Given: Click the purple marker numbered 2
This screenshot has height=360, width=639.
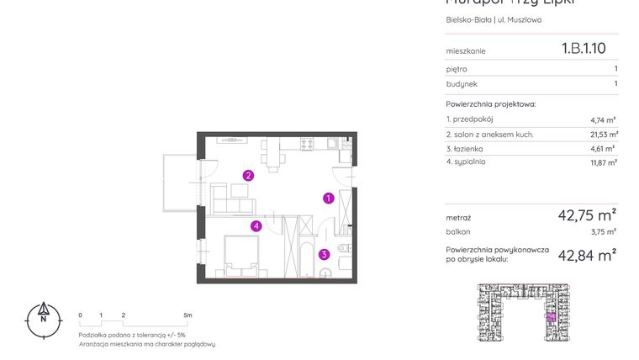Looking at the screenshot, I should click(x=248, y=176).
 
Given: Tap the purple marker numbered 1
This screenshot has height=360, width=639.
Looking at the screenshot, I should click(x=329, y=199).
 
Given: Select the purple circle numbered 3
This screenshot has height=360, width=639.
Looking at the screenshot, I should click(x=324, y=254).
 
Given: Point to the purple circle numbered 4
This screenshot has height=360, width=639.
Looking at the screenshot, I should click(x=256, y=225).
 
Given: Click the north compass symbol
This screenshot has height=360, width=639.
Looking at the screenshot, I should click(x=42, y=319).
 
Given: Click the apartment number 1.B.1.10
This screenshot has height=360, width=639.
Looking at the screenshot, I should click(x=583, y=50).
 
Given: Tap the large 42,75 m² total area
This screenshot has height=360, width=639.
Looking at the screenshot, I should click(x=587, y=215).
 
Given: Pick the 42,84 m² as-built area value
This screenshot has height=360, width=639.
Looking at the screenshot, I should click(x=587, y=254).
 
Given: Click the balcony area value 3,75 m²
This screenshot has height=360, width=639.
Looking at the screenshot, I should click(x=603, y=231).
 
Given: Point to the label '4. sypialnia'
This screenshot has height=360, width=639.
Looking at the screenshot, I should click(x=467, y=161).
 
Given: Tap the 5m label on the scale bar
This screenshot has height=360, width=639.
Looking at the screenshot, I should click(x=187, y=315).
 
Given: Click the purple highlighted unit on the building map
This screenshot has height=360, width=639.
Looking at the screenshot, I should click(x=551, y=317).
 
